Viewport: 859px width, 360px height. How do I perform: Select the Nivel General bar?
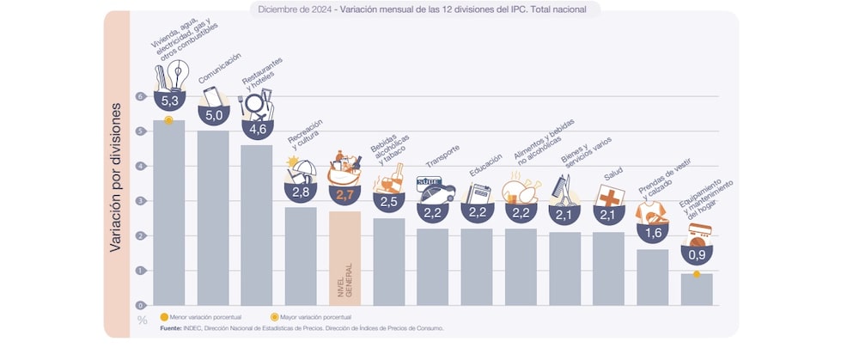pos(344,258)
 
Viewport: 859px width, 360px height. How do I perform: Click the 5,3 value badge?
pos(169,101)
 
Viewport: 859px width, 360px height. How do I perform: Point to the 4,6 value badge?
pos(257,128)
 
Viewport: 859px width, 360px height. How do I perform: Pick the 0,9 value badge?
pos(696,253)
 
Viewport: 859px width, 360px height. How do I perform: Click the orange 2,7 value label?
pos(344,195)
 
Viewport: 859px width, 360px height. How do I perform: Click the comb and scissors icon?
pos(564,189)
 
